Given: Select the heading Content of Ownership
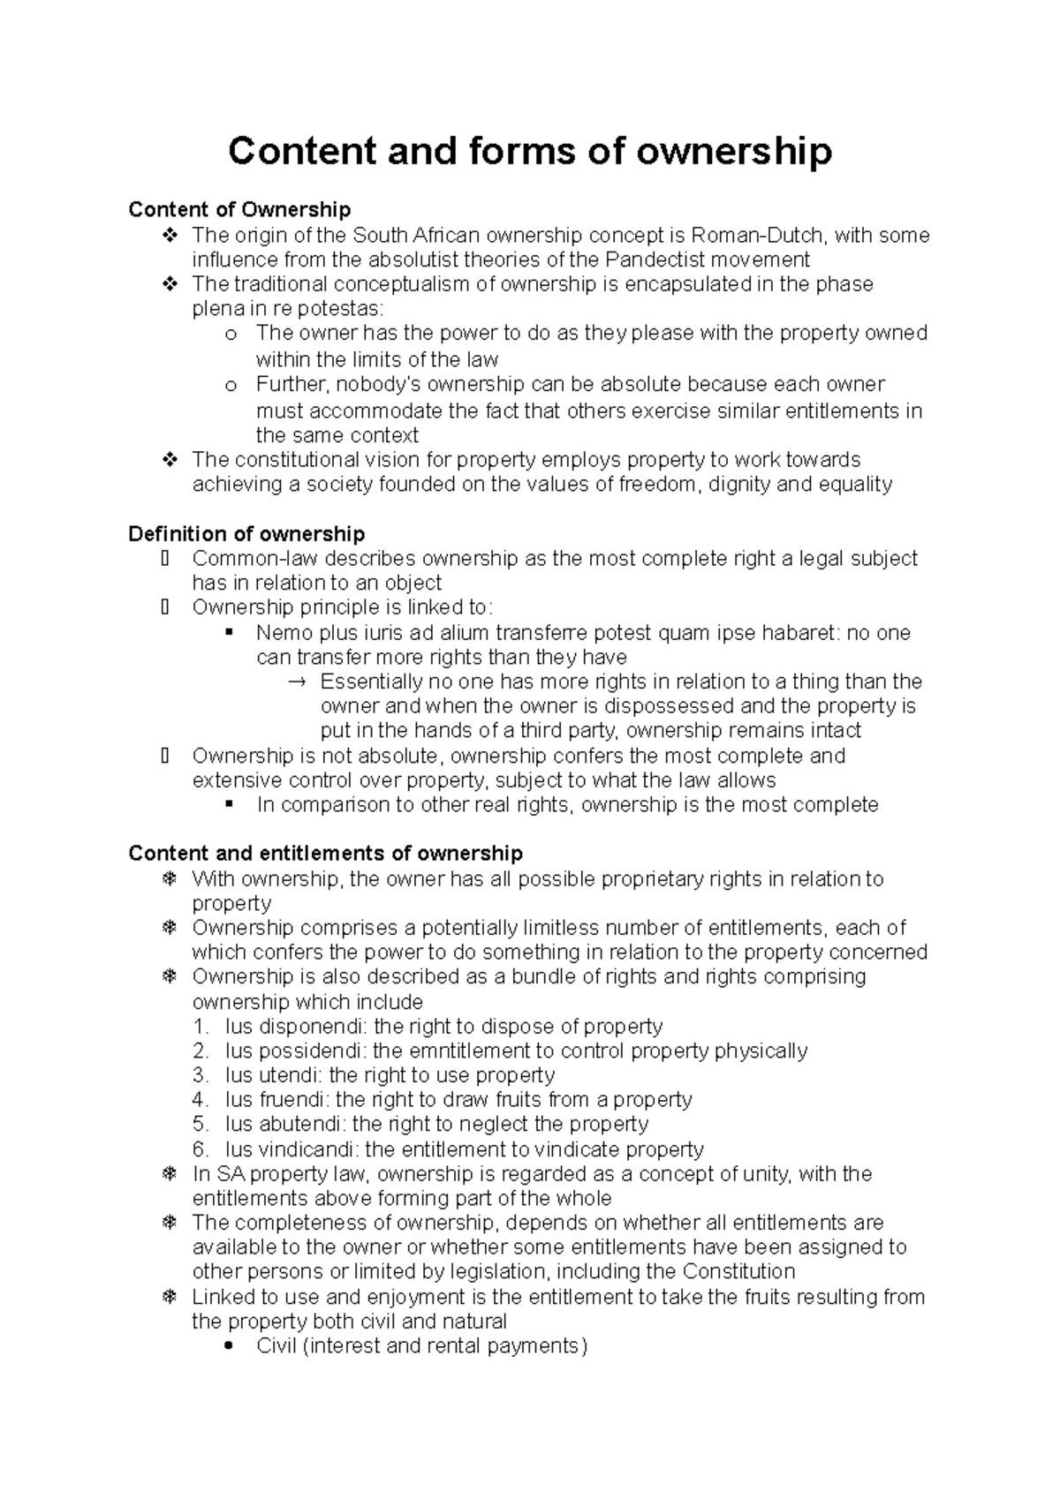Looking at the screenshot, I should point(239,209).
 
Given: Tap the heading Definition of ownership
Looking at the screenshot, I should point(246,533).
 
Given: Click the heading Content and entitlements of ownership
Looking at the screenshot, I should point(325,853).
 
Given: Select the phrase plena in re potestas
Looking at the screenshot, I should point(286,309).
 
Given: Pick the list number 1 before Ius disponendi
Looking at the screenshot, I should point(201,1027).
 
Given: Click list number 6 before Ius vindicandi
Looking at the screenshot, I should point(201,1149).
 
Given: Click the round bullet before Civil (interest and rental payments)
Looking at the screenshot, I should point(230,1347).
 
